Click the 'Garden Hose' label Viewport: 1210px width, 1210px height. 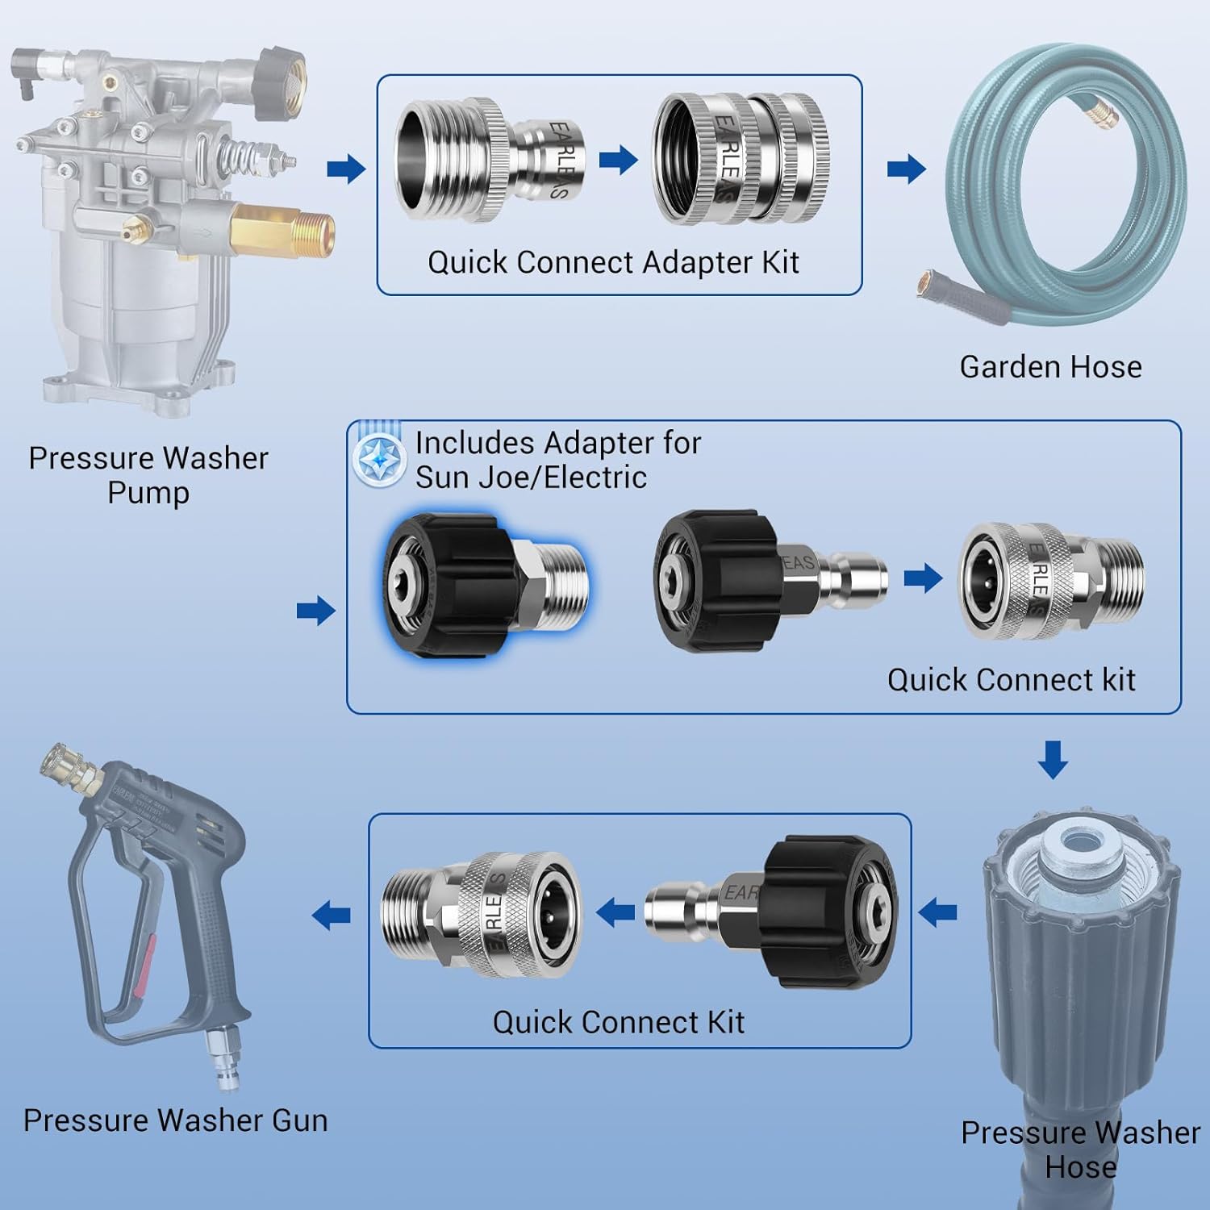click(1050, 367)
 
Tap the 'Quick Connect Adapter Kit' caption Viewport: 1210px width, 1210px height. click(613, 263)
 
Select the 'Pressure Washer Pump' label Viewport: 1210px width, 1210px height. click(148, 474)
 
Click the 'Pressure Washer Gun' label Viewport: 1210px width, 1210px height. click(175, 1120)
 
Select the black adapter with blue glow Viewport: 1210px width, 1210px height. click(484, 585)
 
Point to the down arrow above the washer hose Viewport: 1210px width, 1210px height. click(1052, 759)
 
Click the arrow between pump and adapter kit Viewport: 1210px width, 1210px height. click(346, 169)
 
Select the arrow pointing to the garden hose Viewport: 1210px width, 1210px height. click(906, 169)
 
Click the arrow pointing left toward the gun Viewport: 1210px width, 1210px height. click(331, 915)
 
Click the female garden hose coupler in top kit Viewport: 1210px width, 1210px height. click(741, 159)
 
